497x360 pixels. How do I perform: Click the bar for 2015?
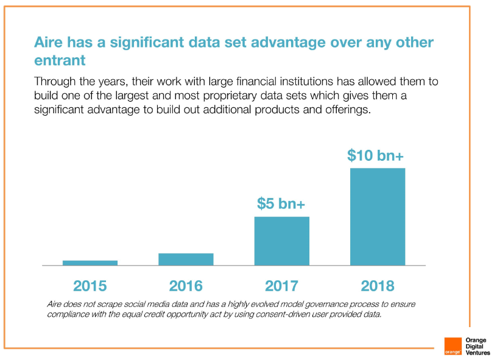point(90,263)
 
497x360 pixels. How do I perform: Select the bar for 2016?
point(186,259)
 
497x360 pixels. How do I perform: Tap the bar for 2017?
point(281,241)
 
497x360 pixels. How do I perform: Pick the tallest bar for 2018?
point(378,217)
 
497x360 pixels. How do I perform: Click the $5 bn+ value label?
point(281,203)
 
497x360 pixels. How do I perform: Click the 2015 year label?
point(90,285)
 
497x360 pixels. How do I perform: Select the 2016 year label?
point(186,285)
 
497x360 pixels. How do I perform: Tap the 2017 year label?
point(281,285)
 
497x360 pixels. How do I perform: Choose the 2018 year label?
point(378,285)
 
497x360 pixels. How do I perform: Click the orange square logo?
point(453,345)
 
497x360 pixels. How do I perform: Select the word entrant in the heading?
point(60,61)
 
